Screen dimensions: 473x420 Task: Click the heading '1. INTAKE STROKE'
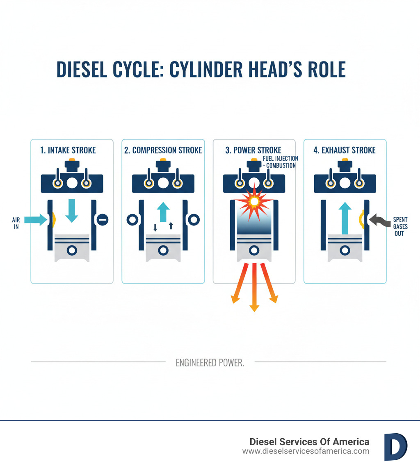(x=68, y=150)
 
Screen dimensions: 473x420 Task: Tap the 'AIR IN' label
(x=16, y=223)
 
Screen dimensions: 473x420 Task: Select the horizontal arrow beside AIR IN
(x=36, y=220)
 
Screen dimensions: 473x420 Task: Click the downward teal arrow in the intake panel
(x=72, y=210)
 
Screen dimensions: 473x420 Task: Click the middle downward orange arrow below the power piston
(x=254, y=287)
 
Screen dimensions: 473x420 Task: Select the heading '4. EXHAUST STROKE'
(x=345, y=150)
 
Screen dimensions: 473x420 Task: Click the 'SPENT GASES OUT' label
(x=400, y=227)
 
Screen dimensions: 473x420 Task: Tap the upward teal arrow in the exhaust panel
(x=345, y=217)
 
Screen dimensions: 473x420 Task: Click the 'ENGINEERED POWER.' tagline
(x=210, y=363)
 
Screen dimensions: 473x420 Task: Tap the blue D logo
(x=395, y=447)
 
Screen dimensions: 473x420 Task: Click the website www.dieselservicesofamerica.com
(x=306, y=451)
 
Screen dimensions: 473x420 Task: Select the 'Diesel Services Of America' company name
(x=309, y=441)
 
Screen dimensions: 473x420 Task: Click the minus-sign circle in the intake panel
(x=102, y=220)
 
